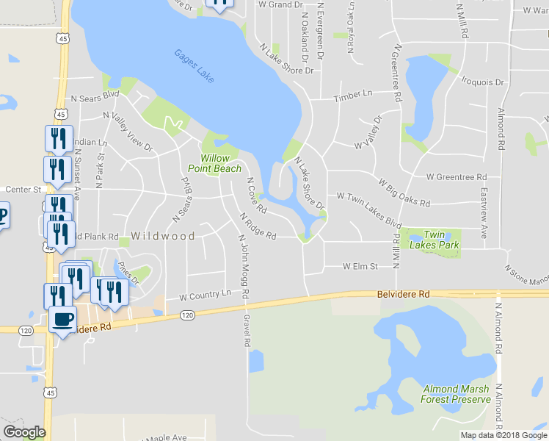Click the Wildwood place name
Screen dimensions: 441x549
click(163, 237)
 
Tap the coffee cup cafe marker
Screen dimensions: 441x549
click(64, 319)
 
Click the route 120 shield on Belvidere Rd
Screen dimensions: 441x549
click(187, 315)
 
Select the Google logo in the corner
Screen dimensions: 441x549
click(24, 432)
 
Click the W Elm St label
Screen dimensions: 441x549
click(360, 266)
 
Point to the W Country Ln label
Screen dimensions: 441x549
click(206, 295)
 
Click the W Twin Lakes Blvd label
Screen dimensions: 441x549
click(369, 209)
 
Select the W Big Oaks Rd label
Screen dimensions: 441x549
click(403, 191)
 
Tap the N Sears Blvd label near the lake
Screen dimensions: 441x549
click(95, 96)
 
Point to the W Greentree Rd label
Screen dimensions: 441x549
click(457, 177)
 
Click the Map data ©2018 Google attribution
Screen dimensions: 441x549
click(503, 435)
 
